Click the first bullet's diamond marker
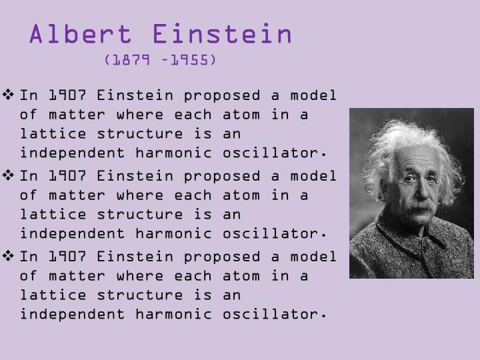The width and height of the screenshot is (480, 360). pos(10,95)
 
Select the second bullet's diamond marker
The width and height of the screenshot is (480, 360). pos(10,175)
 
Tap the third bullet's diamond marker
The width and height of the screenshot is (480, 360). pos(10,256)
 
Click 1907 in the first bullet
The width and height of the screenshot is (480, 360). pos(68,95)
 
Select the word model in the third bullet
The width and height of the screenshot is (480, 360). pos(313,257)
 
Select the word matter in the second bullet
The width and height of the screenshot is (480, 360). pos(78,195)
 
